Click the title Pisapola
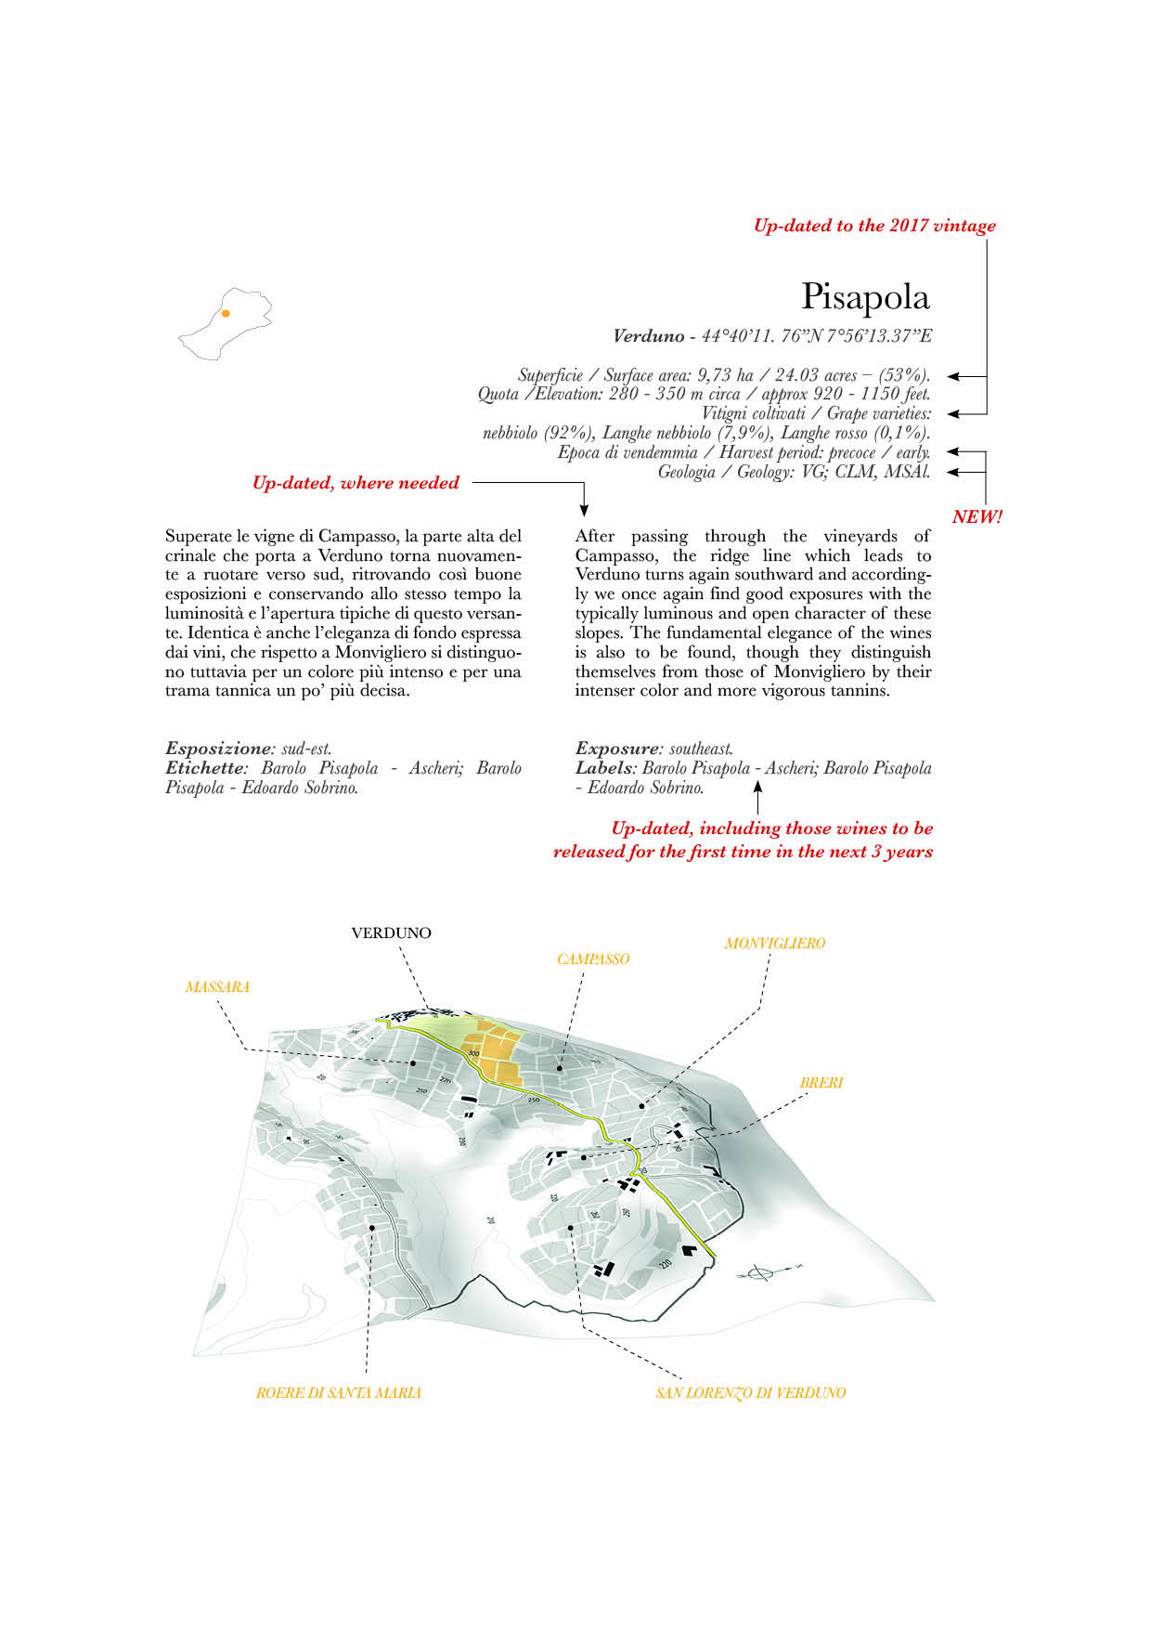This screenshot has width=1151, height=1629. click(864, 297)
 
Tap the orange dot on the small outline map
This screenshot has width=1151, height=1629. click(226, 314)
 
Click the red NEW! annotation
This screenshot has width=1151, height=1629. click(976, 517)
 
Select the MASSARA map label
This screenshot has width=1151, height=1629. click(217, 987)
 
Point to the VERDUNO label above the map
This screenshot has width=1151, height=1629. click(391, 933)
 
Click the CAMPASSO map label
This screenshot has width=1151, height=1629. click(593, 959)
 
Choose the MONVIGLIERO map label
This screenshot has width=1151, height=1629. click(774, 944)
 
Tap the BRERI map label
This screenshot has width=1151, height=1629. click(821, 1083)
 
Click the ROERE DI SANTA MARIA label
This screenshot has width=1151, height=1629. click(338, 1393)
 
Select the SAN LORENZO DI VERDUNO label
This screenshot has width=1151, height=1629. click(750, 1393)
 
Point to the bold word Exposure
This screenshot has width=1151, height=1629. click(616, 749)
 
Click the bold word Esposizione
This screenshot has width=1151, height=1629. click(217, 749)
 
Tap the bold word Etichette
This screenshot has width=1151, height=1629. click(204, 768)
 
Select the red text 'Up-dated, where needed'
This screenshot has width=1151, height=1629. click(356, 483)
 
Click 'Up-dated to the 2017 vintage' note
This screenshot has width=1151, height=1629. click(874, 226)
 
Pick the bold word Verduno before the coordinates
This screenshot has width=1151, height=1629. click(648, 336)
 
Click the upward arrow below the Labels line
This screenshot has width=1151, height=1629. click(757, 797)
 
